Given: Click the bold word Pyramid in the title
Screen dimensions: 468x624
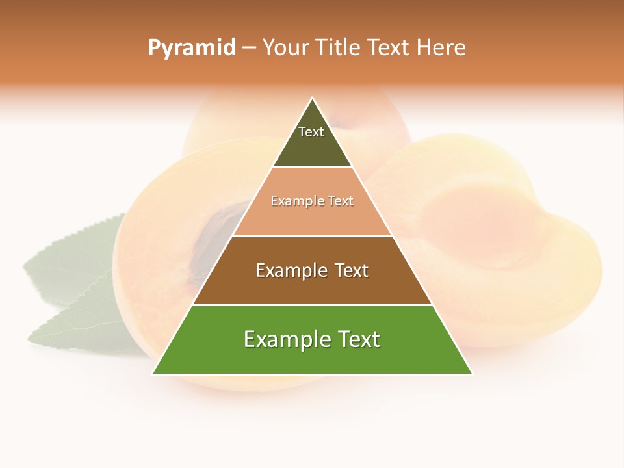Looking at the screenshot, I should (191, 48).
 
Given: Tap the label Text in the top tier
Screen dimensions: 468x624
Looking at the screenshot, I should (311, 132).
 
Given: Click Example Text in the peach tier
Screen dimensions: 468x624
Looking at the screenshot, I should (312, 201).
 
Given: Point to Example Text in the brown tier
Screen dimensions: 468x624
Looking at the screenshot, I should (312, 270).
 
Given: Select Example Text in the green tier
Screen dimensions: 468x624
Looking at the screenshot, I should (312, 339).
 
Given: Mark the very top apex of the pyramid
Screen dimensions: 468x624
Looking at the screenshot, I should (313, 98).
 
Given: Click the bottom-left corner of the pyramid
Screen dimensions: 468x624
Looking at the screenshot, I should (153, 374).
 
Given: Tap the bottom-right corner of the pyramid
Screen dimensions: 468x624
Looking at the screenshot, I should (472, 374).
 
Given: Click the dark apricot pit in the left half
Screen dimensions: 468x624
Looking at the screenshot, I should (214, 247).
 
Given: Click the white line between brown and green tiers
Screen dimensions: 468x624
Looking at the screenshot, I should (312, 305).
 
